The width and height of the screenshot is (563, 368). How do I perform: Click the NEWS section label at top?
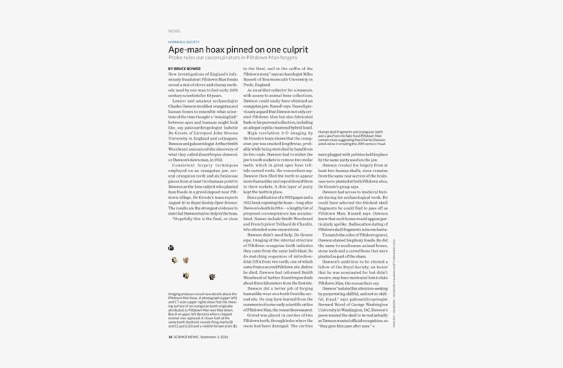tap(174, 31)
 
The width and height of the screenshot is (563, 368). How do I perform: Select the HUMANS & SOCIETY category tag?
tap(184, 42)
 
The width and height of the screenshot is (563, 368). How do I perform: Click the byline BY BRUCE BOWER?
tap(185, 69)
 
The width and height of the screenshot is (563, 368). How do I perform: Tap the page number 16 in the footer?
tap(170, 337)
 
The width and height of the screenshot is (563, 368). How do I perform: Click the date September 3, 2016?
tap(214, 337)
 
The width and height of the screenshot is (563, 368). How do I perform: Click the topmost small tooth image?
tap(171, 248)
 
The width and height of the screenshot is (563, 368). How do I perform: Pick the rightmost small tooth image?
tap(211, 277)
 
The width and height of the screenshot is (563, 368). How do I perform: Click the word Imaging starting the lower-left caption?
tap(174, 294)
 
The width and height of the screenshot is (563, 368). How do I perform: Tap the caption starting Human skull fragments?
tap(351, 138)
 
